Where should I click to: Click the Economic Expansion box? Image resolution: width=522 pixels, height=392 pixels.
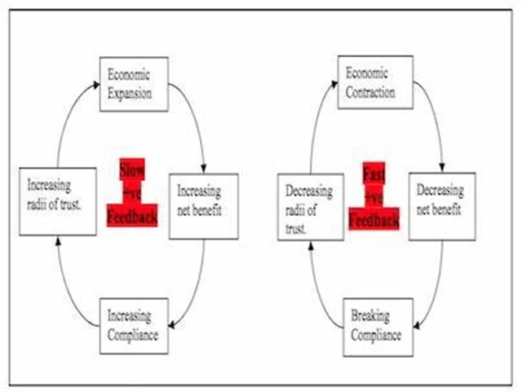tap(134, 84)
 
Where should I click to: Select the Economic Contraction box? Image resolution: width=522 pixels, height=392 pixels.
tap(372, 84)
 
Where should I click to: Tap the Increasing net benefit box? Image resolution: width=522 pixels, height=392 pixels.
tap(203, 205)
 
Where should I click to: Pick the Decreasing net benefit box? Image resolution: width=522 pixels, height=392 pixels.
tap(441, 205)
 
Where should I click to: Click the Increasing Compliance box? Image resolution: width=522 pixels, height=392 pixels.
tap(134, 326)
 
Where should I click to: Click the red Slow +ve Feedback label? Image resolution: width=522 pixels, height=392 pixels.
tap(131, 193)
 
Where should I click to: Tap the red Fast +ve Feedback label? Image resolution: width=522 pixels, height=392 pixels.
tap(374, 196)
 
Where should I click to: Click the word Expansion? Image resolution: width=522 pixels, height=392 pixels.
tap(130, 93)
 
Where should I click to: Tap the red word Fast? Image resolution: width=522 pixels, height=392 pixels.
tap(374, 174)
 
